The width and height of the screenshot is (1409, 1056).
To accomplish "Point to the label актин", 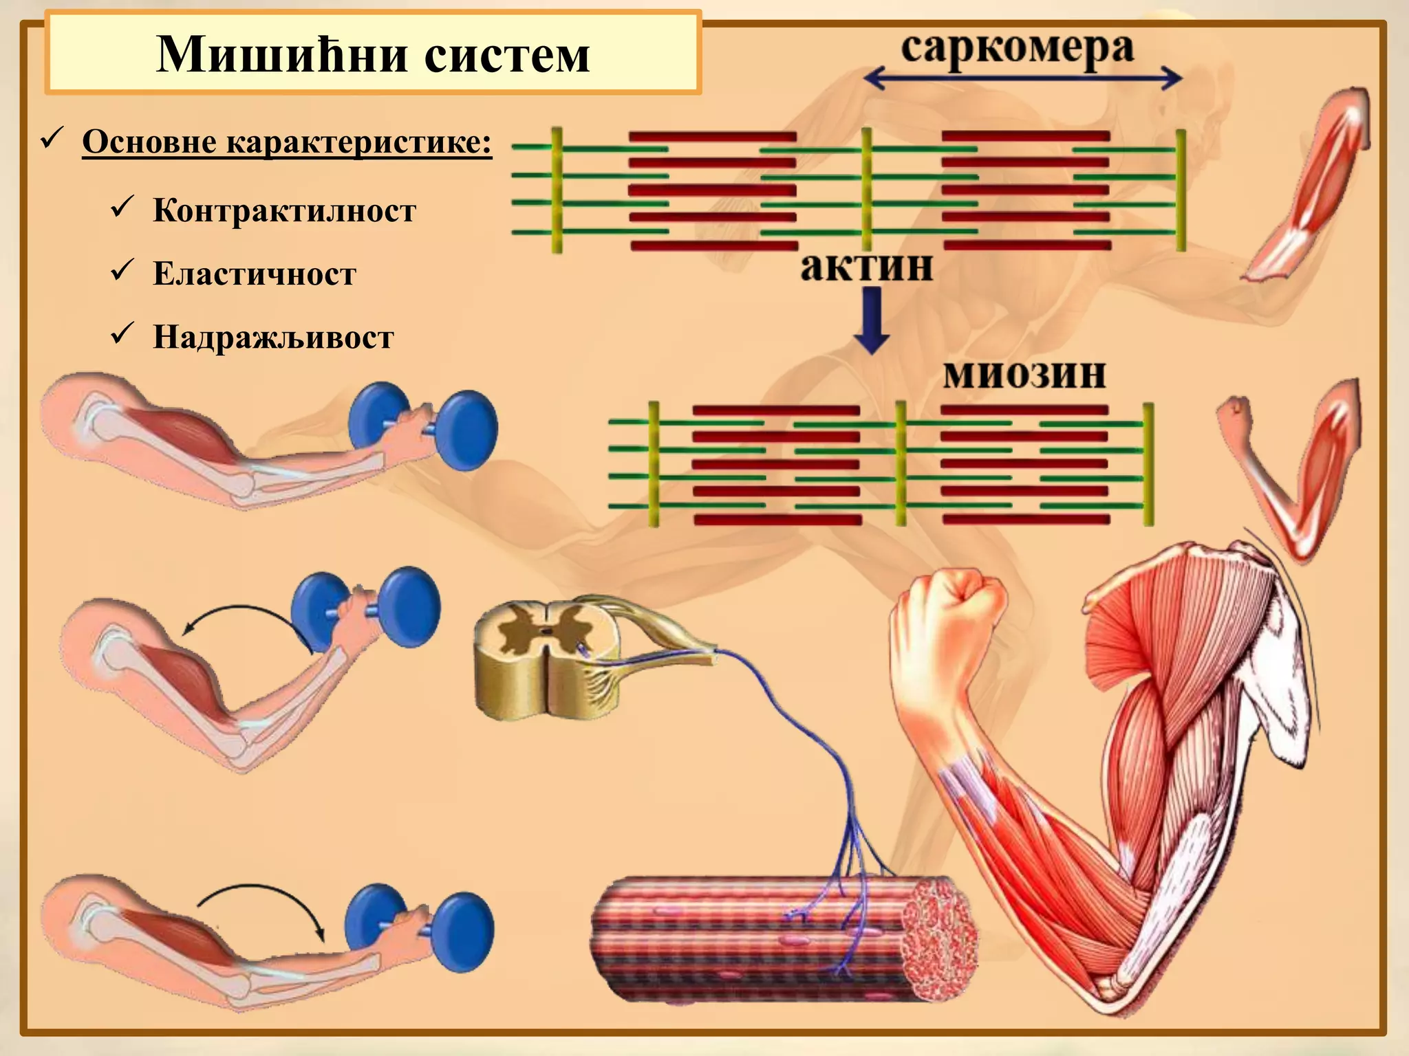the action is pos(867,267).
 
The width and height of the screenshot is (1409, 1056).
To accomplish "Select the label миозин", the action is pos(1024,375).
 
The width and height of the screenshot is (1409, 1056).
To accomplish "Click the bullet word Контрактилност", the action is pos(284,210).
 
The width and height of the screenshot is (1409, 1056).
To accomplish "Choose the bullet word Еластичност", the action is pos(255,274).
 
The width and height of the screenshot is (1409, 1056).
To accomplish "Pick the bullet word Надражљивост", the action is pos(273,338).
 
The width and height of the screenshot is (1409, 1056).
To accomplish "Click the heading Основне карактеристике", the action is pos(287,143).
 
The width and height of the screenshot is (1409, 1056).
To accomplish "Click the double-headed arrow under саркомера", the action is pos(1022,79).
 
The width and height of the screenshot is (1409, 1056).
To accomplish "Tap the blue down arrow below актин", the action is pos(872,320).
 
